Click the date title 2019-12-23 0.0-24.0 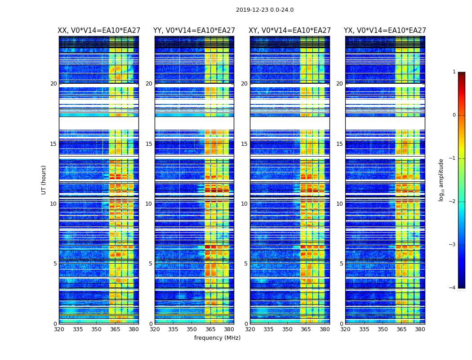point(264,10)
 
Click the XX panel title point(99,31)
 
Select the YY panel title point(194,31)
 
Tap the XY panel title point(290,31)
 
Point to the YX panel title point(385,31)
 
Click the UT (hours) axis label point(44,180)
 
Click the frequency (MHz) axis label point(217,338)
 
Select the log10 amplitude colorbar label point(441,180)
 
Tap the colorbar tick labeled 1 point(454,72)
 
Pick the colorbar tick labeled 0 point(454,115)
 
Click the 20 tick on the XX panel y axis point(53,84)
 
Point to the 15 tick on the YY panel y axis point(149,144)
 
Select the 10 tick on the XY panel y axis point(244,204)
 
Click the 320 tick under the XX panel point(59,329)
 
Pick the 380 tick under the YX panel point(420,329)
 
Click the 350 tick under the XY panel point(287,329)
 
